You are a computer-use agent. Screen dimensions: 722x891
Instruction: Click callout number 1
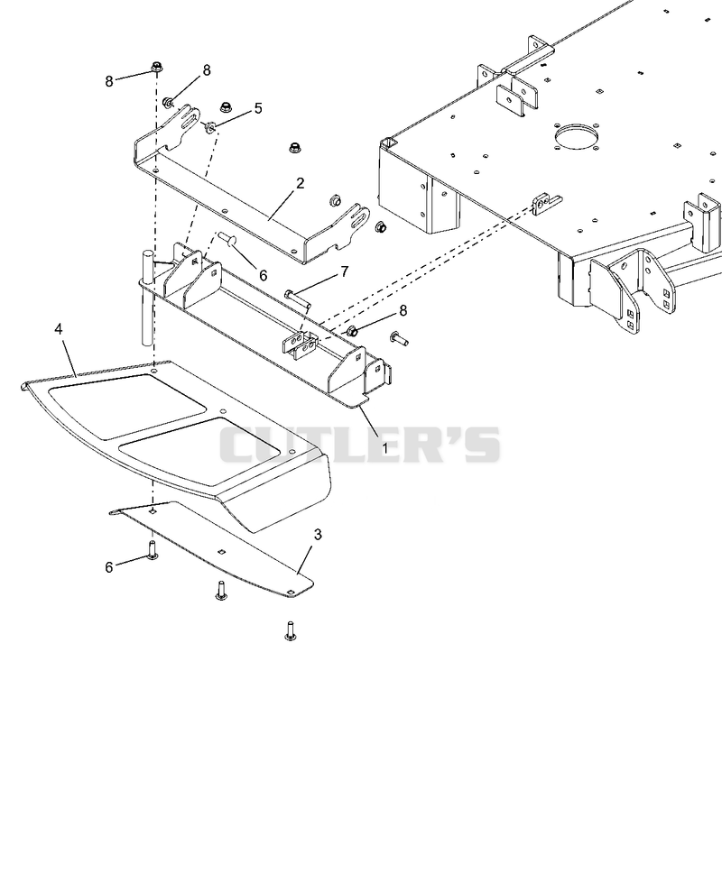384,448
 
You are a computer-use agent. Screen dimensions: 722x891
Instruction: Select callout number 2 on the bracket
301,183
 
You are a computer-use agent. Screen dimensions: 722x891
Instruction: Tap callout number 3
318,535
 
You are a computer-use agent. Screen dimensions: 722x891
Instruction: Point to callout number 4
59,329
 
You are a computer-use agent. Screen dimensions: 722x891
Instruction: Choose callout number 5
259,108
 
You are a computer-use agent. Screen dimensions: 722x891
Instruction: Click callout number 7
345,271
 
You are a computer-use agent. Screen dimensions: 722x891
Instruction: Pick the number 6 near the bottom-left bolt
109,567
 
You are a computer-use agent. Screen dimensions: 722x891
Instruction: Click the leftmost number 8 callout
109,81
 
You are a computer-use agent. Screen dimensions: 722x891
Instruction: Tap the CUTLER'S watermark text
360,445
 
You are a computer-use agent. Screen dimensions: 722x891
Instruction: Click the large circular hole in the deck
577,136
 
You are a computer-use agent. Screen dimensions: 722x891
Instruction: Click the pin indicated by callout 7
298,299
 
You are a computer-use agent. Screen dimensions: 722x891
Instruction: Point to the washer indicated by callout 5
209,126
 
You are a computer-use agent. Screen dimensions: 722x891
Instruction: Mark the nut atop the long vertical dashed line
157,68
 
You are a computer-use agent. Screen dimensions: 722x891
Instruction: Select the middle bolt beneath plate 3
221,590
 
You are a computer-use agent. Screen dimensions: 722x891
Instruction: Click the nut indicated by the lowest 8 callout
350,329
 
